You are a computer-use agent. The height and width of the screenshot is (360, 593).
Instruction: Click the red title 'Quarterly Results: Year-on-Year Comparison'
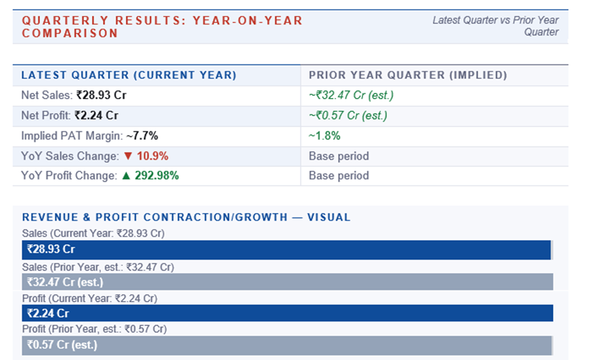tap(162, 27)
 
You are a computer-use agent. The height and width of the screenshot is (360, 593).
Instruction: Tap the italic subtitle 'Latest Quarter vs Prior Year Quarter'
tap(495, 26)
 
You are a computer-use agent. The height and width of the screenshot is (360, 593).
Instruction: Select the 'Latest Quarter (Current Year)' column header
tap(129, 75)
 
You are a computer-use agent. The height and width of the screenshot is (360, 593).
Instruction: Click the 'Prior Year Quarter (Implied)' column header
tap(407, 75)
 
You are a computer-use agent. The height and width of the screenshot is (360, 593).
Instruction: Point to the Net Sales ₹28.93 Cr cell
tap(74, 95)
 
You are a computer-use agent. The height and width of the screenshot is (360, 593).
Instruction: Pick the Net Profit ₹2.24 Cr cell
tap(70, 116)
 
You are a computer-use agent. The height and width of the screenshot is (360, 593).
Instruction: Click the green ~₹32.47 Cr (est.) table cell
tap(352, 95)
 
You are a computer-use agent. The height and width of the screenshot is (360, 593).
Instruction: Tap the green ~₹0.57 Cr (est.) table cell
tap(348, 116)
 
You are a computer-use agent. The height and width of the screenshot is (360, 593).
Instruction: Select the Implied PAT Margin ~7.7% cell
tap(89, 136)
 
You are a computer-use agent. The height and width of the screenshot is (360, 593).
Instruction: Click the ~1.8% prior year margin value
tap(324, 136)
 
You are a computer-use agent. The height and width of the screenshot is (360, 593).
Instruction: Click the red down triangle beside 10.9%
tap(128, 156)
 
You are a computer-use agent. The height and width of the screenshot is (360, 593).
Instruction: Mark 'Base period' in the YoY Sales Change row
tap(339, 156)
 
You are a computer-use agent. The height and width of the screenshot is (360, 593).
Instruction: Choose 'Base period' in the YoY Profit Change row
tap(339, 176)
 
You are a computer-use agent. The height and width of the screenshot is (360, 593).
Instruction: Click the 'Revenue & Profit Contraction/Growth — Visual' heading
tap(186, 217)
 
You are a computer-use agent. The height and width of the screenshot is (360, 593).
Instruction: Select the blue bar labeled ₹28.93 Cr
tap(286, 249)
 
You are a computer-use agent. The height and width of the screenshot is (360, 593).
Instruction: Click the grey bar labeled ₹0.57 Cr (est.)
tap(286, 345)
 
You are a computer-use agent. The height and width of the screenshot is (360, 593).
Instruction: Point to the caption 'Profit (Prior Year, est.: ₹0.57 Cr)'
tap(94, 329)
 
